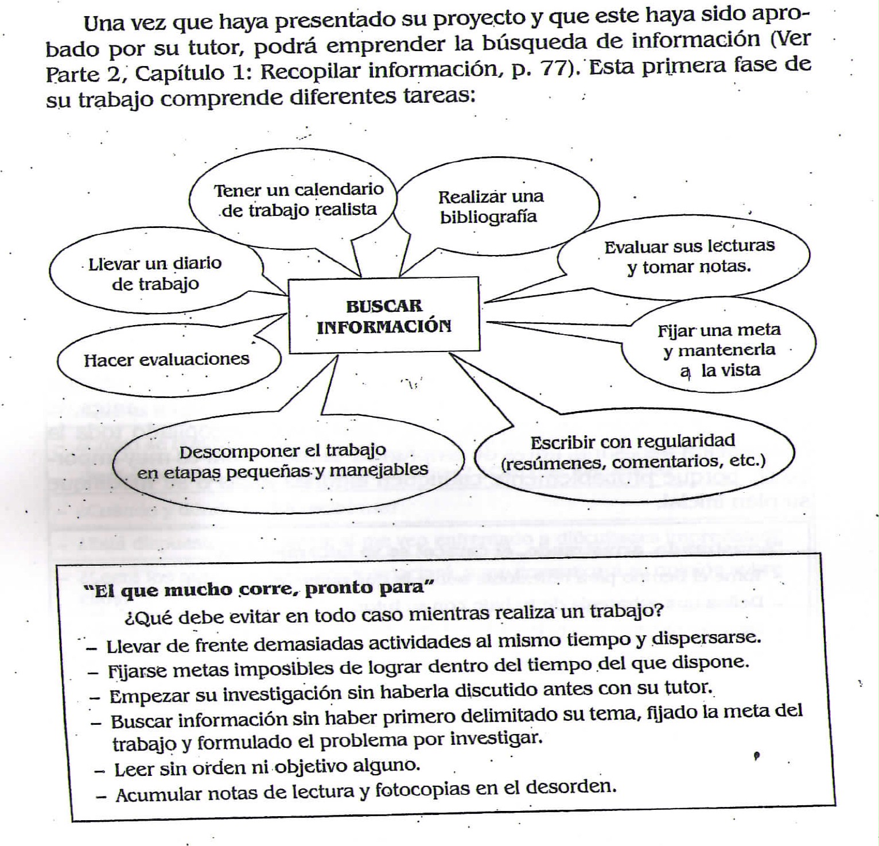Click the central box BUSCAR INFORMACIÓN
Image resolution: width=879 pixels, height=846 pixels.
tap(383, 315)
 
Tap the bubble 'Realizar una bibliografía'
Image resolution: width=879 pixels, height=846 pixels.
tap(491, 207)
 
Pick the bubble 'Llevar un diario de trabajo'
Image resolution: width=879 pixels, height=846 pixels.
tap(155, 273)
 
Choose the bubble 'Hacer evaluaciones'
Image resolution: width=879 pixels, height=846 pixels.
tap(166, 360)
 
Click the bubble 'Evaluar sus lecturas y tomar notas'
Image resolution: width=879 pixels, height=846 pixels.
tap(689, 256)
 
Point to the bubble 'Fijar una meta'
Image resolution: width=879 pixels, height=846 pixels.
tap(719, 349)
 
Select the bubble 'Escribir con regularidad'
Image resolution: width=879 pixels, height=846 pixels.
tap(632, 451)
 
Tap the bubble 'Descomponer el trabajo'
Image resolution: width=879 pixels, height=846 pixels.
tap(283, 461)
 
